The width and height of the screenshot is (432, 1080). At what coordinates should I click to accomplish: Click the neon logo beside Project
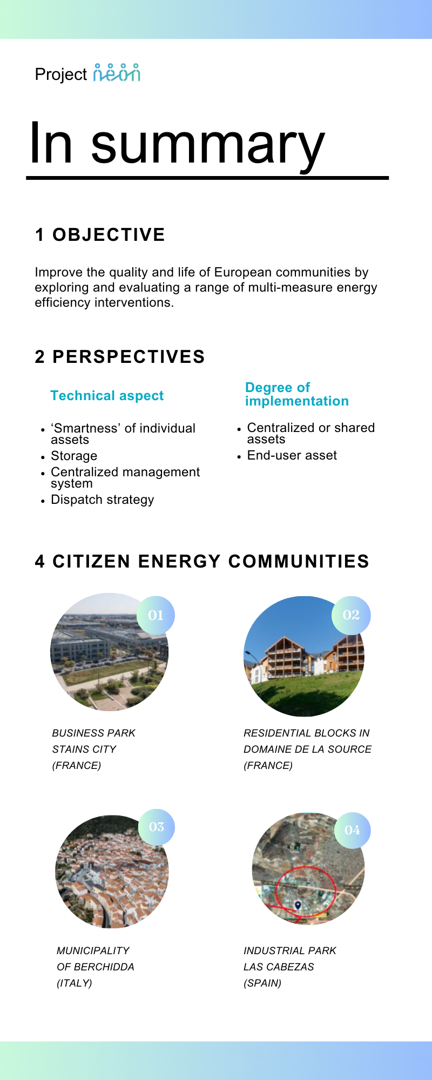click(117, 73)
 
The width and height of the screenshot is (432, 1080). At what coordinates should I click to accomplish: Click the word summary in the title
click(208, 144)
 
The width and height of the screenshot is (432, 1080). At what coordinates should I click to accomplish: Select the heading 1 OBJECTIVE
click(100, 235)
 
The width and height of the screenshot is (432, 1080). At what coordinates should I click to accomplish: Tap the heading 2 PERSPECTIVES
click(120, 357)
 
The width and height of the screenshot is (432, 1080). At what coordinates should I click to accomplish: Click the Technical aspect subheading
click(107, 396)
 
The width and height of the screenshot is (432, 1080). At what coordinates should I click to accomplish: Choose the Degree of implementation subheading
click(296, 394)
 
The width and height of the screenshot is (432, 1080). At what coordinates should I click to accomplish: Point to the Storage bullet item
click(74, 456)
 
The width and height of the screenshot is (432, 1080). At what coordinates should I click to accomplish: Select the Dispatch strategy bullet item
click(102, 500)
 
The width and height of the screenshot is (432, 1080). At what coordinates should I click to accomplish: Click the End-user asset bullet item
click(292, 455)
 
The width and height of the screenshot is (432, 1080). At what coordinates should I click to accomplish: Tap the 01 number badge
click(156, 615)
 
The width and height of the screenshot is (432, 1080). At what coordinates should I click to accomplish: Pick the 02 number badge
click(351, 615)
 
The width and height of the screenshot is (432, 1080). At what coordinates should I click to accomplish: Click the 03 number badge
click(156, 827)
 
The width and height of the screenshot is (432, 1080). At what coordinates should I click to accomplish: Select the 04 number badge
click(352, 830)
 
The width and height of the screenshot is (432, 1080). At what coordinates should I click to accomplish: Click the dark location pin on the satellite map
click(298, 905)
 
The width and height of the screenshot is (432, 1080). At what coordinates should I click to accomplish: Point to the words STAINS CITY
click(84, 749)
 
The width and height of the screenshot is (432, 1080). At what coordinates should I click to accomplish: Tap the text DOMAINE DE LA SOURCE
click(307, 749)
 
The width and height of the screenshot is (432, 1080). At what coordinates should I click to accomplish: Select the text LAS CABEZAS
click(279, 967)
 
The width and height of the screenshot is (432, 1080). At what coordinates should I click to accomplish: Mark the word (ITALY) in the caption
click(75, 983)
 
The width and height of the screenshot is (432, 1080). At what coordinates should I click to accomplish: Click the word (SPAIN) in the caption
click(262, 983)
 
